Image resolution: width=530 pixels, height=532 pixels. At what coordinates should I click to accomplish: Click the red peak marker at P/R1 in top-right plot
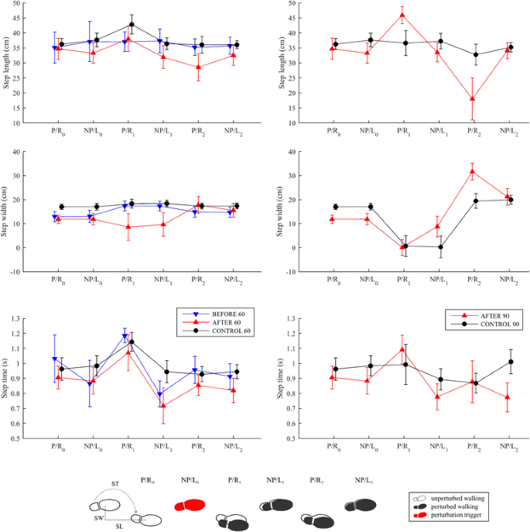402,15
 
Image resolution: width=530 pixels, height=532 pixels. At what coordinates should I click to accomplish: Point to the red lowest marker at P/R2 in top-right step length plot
450,99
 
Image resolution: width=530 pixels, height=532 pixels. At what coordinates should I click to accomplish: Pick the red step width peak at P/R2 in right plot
450,171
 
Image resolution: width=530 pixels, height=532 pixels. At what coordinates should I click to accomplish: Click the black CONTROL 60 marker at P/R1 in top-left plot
132,25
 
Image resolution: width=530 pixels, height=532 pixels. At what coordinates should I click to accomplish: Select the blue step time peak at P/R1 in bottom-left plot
125,336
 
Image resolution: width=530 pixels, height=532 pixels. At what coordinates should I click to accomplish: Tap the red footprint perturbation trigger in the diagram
190,505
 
